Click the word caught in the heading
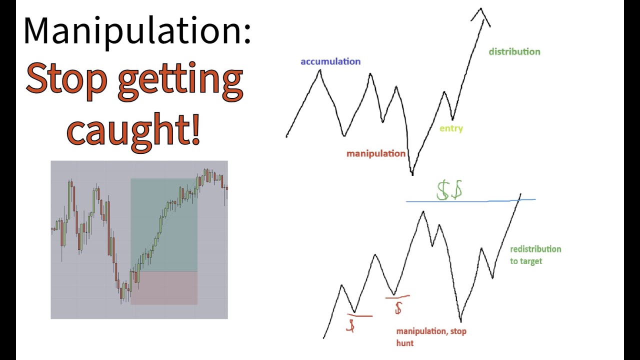click(127, 129)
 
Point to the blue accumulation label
click(330, 61)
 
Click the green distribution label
click(514, 51)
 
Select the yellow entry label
click(451, 128)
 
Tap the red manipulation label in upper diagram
click(376, 153)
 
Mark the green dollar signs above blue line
click(449, 191)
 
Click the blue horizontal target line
click(470, 201)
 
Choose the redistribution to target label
click(535, 254)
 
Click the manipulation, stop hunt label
click(431, 336)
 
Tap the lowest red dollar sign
click(351, 326)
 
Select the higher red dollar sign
click(398, 307)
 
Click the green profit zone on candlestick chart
click(164, 225)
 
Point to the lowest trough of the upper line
click(412, 172)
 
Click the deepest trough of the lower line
click(460, 320)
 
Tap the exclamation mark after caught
click(195, 129)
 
